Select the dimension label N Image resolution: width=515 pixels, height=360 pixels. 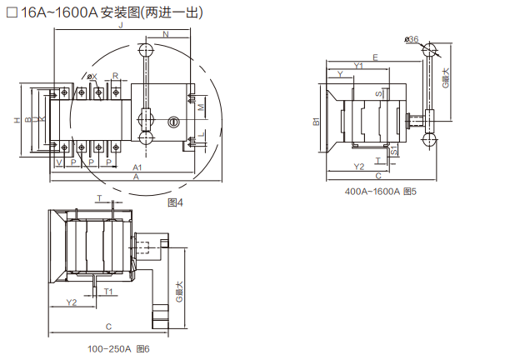pos(165,34)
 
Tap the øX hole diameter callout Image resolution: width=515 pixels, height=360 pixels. pos(92,77)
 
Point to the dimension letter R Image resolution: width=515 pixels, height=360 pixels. pos(115,76)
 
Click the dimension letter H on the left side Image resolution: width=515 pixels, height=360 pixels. pos(17,121)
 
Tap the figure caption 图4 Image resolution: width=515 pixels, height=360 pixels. pos(175,202)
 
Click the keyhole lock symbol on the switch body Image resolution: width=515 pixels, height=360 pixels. pos(174,122)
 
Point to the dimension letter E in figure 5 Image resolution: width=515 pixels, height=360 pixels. pos(377,57)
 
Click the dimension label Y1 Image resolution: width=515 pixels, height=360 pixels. pos(359,65)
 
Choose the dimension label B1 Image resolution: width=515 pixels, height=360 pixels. pos(317,122)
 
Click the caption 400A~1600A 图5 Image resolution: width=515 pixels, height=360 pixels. pos(380,192)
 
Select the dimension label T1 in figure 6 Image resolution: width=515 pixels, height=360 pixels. pos(108,291)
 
